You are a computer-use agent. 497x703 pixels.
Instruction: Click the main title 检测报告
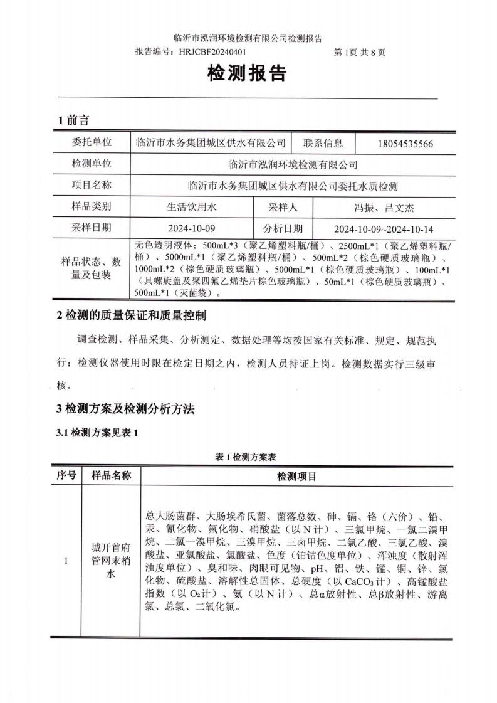click(247, 74)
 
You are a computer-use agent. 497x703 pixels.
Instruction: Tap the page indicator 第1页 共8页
click(360, 53)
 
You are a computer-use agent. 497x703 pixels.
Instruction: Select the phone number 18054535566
click(405, 144)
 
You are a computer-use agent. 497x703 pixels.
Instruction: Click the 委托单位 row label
click(92, 143)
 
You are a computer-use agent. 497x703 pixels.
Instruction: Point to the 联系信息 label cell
click(323, 143)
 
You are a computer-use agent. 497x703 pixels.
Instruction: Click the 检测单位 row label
click(92, 164)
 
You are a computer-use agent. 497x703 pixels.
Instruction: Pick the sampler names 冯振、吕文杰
click(380, 207)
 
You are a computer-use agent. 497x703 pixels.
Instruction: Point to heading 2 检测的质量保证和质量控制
click(131, 315)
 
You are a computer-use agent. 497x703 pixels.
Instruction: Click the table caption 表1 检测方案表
click(249, 458)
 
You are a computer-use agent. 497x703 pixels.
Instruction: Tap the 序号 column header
click(66, 476)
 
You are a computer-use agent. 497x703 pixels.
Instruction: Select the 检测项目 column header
click(297, 477)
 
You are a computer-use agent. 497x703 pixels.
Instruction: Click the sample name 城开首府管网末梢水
click(112, 561)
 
